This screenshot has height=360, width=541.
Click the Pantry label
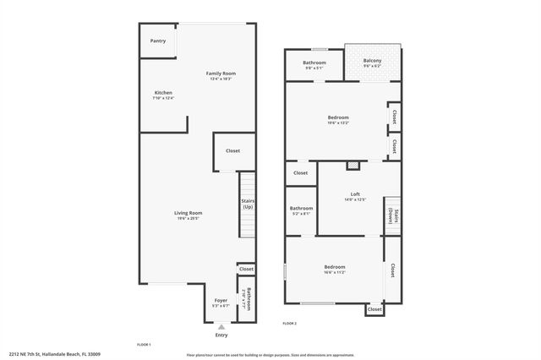coord(158,41)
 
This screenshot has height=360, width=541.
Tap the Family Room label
coord(221,74)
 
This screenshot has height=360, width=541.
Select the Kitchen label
coord(163,92)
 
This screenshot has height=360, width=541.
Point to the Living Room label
coord(189,213)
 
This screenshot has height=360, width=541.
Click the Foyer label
coord(221,300)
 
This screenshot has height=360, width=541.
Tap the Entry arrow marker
coord(221,326)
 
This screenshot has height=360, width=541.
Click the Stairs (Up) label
coord(248,205)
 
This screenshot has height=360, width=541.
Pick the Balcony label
coord(372,61)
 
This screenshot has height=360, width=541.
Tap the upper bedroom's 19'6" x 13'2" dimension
coord(338,123)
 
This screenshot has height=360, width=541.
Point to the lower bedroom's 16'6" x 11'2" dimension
coord(334,273)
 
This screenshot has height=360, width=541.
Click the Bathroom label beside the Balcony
coord(314,63)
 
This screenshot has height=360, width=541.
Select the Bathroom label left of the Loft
coord(301,208)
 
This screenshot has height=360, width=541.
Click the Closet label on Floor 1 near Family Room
coord(232,150)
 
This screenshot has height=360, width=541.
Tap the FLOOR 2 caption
coord(289,324)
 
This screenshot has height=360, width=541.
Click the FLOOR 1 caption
coord(144,345)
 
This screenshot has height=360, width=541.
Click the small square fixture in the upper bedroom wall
coord(354,165)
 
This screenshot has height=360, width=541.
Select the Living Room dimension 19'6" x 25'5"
coord(189,218)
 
